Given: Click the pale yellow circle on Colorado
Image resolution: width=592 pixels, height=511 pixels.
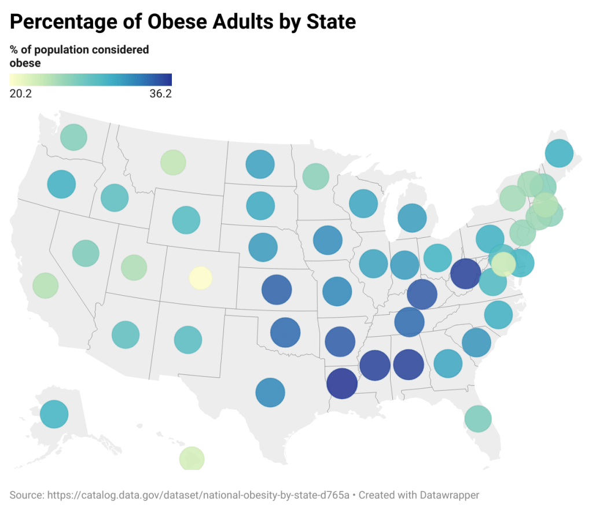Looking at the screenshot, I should pos(201,278).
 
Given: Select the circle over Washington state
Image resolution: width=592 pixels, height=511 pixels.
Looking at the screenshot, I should pos(73,137).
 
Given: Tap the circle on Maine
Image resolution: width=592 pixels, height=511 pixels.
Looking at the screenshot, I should pos(559,153).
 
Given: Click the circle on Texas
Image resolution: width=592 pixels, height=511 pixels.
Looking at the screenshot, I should pos(270,393).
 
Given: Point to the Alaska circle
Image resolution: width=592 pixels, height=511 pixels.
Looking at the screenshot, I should pos(54,414).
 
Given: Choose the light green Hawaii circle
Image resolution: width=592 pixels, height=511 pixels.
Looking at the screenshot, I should pos(192,459).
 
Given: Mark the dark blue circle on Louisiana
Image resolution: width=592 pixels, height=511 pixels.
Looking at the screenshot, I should pos(341,384).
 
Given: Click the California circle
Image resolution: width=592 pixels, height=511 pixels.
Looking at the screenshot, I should pos(45,285).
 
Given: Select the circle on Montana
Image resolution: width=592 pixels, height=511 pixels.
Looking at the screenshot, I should pos(172,162).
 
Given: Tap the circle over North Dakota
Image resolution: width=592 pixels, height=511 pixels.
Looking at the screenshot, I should pos(260,164).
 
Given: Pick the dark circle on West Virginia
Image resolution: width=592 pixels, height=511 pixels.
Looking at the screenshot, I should pos(465,273).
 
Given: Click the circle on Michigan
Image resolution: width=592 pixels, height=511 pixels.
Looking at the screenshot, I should pos(412,218).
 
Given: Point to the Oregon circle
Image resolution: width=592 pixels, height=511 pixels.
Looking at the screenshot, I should pos(61,185).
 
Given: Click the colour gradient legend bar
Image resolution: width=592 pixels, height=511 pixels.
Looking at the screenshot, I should pos(91,80).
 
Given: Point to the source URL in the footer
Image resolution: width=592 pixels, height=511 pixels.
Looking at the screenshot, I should pos(196,495).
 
